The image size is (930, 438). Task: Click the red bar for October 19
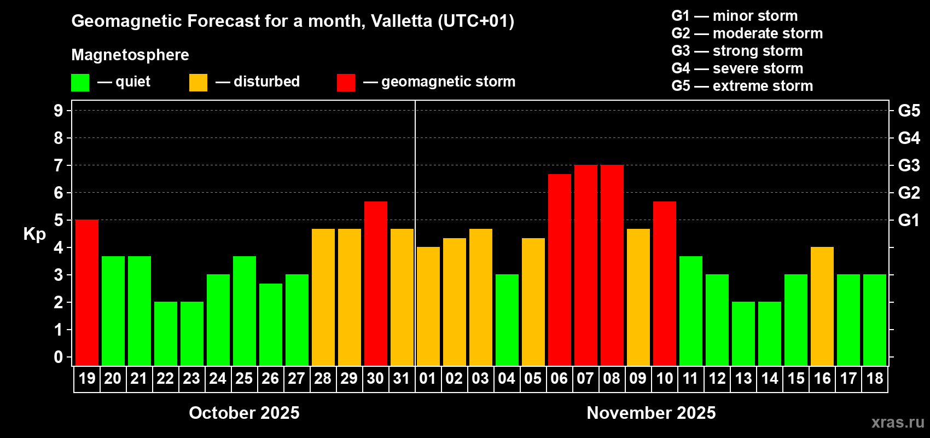pos(87,292)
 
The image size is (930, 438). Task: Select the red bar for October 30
pos(376,284)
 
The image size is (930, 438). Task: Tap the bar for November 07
pos(586,265)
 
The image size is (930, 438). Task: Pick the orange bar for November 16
pos(822,306)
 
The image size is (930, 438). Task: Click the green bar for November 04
pos(507,320)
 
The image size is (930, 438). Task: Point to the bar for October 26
pos(271,324)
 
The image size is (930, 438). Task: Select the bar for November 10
pos(665,284)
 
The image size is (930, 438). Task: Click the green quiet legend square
pos(80,83)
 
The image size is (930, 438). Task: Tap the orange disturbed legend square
pos(198,83)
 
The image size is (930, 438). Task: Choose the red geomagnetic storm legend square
pos(346,83)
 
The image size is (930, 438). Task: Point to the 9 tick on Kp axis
pos(59,111)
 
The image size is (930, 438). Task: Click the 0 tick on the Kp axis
pos(59,357)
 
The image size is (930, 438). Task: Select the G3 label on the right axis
pos(909,165)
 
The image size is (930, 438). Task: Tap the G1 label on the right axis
pos(909,220)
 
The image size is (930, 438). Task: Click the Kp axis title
pos(34,234)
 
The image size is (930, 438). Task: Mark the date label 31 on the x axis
pos(402,378)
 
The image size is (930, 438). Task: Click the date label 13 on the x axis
pos(743,378)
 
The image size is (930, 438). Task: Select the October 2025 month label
pos(244,413)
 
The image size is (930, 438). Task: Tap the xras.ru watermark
pos(898,422)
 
